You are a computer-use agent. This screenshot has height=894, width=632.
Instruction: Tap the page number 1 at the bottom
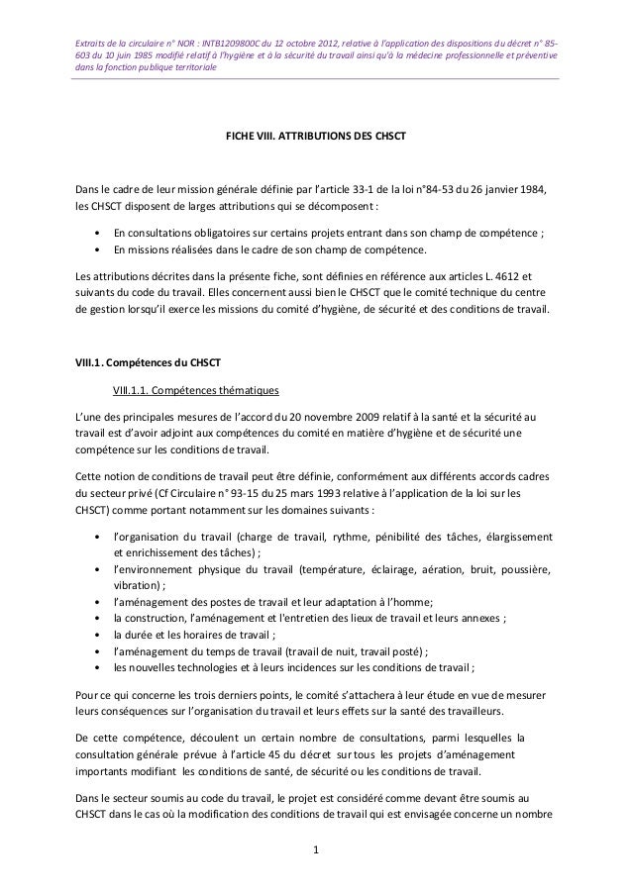tap(315, 848)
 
